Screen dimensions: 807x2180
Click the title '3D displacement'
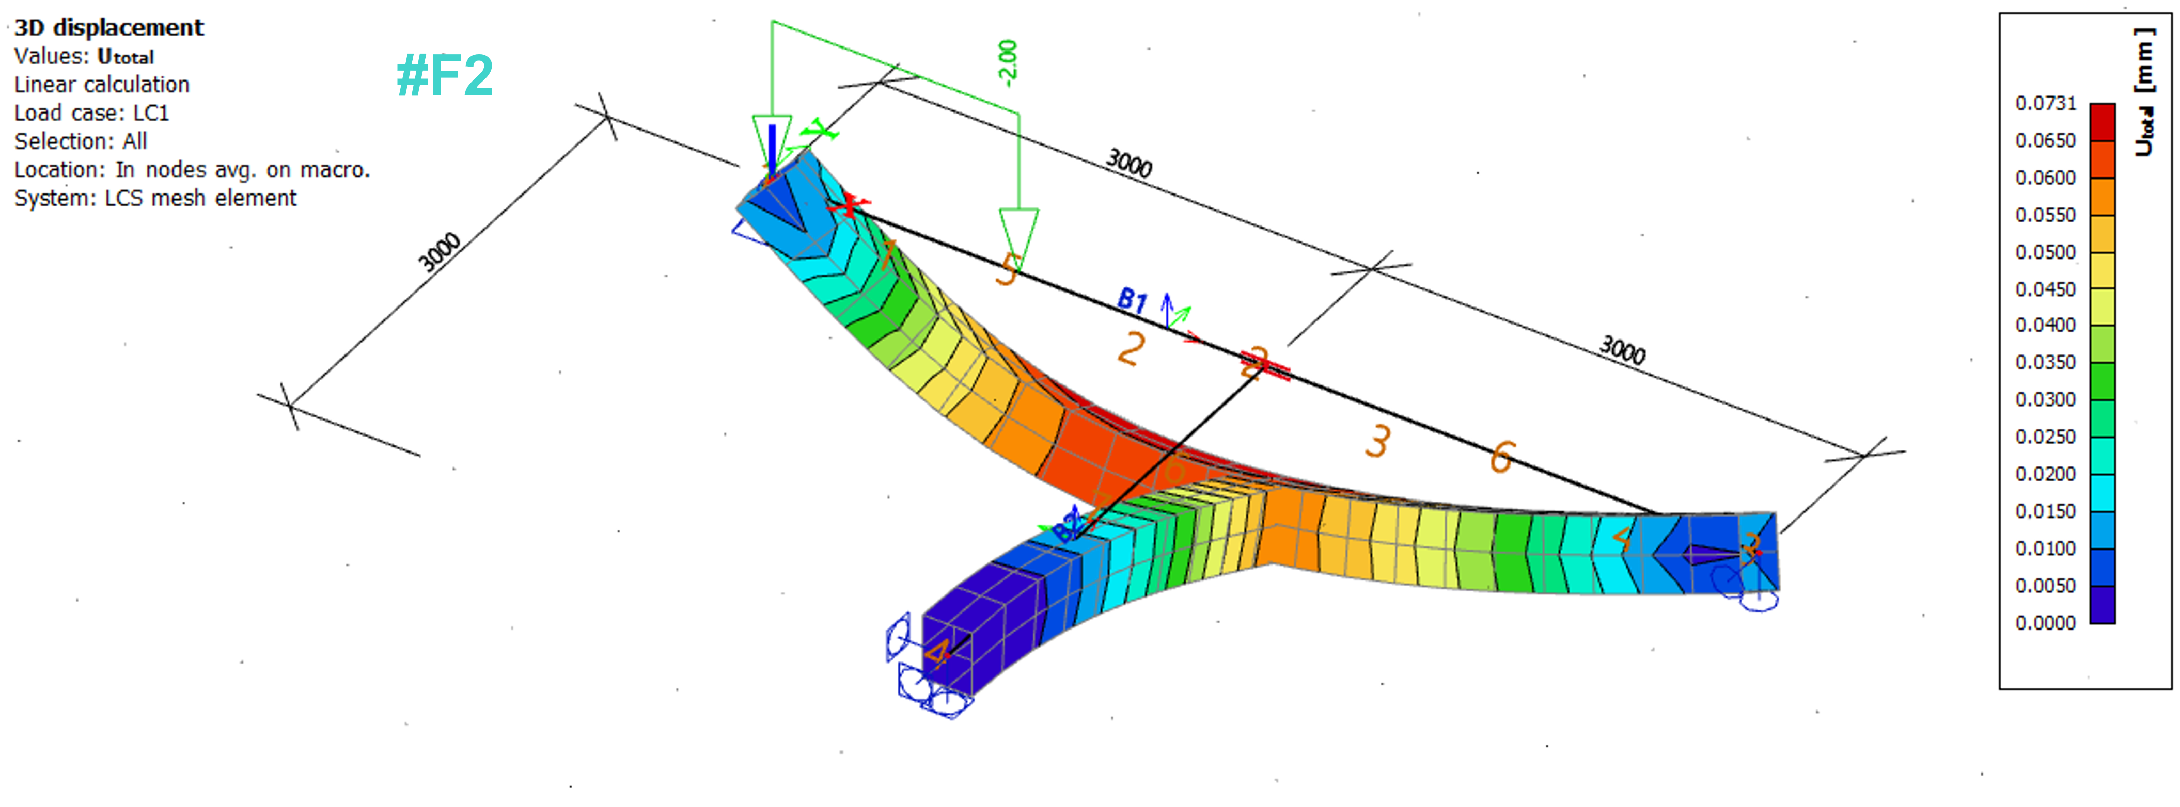[109, 28]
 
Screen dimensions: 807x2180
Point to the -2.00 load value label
[1007, 62]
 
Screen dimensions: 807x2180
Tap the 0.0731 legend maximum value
[2045, 103]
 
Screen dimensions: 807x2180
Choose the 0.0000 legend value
[2045, 623]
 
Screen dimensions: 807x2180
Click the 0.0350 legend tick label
[2045, 362]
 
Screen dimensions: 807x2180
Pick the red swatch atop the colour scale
[2102, 121]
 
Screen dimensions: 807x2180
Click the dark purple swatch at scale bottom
[2102, 605]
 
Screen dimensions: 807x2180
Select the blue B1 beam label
[1132, 299]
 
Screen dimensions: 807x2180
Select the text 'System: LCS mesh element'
[155, 198]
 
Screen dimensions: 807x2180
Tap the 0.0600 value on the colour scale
[2045, 177]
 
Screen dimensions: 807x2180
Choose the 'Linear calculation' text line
[102, 85]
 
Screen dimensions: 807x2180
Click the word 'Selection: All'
[81, 141]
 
